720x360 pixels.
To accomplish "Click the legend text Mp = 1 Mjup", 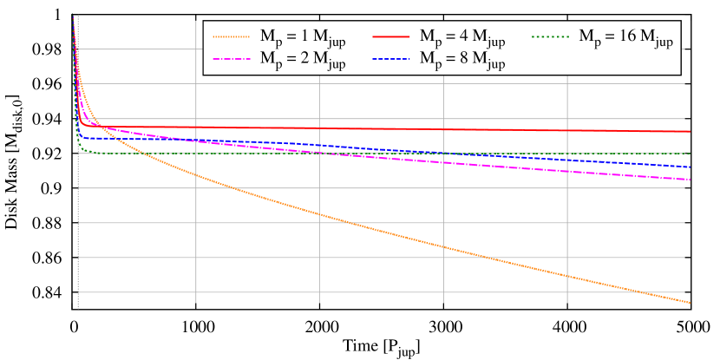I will point(304,37).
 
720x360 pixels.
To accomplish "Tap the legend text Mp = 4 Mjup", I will point(462,37).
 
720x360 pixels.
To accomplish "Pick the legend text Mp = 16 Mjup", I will point(625,37).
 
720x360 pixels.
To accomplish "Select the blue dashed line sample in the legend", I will point(390,60).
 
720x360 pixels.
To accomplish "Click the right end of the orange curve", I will point(690,302).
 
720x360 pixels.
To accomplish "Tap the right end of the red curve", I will point(690,132).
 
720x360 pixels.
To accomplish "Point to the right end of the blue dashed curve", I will point(690,167).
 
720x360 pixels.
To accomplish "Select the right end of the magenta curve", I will point(690,180).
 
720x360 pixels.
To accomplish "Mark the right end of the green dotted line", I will point(690,154).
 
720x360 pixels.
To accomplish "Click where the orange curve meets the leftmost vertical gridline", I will point(196,176).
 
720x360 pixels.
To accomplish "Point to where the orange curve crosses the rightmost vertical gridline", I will point(567,276).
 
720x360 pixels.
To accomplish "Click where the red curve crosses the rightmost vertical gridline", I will point(567,130).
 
